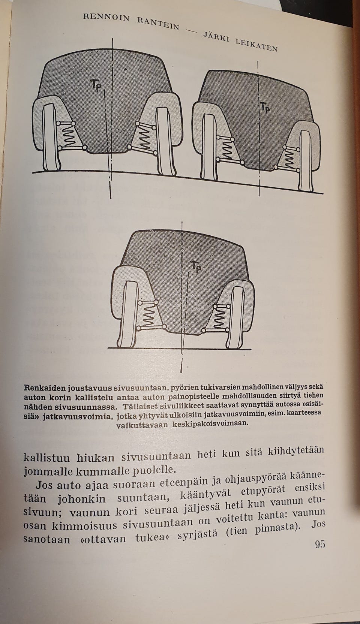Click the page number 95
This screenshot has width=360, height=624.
pos(319,544)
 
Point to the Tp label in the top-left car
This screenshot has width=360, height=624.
pos(96,85)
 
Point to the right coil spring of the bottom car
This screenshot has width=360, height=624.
pos(219,319)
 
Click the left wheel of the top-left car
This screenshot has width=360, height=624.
pos(51,141)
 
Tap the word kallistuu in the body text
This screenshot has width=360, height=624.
pos(46,458)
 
